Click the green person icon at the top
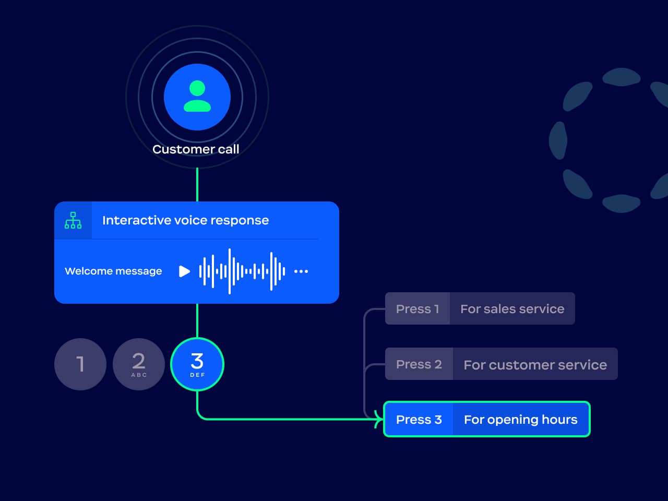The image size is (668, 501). (x=197, y=97)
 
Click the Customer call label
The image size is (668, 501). (x=196, y=149)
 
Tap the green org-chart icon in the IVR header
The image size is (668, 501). (x=73, y=220)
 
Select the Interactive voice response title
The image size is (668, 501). (x=185, y=220)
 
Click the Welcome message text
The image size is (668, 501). (x=113, y=271)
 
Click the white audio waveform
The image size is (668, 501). (x=242, y=271)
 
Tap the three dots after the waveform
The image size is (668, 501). (x=301, y=271)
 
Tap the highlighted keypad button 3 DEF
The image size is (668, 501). (x=197, y=364)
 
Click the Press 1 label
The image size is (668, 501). (x=417, y=309)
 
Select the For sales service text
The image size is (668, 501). (x=512, y=309)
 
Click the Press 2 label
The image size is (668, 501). (x=419, y=364)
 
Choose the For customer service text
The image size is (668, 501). (x=535, y=365)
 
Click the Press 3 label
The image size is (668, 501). (x=419, y=420)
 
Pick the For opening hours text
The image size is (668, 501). (x=520, y=420)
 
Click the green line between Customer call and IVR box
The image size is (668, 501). (x=197, y=184)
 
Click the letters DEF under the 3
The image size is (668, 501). (x=198, y=375)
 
